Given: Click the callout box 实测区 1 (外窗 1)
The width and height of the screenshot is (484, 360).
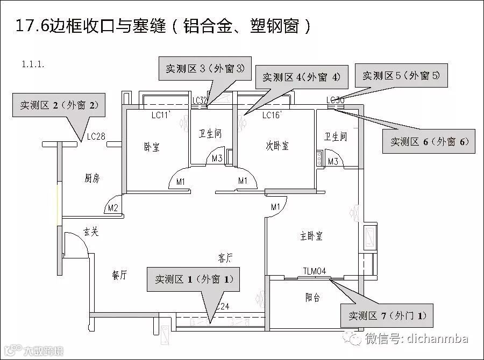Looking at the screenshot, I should pos(195,279).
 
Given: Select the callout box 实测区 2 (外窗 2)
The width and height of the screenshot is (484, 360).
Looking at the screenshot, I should pos(59,105).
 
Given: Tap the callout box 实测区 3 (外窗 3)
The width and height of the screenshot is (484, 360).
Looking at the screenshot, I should pos(205,68).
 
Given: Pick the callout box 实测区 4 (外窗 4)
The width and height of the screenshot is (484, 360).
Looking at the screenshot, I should pos(301,77).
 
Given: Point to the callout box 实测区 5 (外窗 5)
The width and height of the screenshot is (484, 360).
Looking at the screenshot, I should pos(401,76).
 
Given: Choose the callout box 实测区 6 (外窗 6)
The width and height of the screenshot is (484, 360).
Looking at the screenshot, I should pos(430,142).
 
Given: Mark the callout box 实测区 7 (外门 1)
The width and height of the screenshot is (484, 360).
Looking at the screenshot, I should pos(387,315).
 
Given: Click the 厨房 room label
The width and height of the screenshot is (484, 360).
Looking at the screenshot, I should pos(92,178).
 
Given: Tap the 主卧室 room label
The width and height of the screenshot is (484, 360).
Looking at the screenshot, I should pos(311,236).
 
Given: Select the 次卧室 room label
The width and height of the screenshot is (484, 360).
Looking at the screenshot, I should pos(277,146).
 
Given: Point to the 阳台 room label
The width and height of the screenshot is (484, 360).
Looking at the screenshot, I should pos(313,297).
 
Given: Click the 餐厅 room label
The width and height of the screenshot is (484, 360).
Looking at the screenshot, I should pos(119,275).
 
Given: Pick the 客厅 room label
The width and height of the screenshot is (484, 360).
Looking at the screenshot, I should pos(225,258).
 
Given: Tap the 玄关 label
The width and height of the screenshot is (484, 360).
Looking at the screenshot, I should pos(90,232).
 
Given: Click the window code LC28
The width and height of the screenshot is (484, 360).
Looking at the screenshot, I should pos(96,136).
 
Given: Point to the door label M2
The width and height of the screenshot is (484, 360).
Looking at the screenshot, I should pos(113,208).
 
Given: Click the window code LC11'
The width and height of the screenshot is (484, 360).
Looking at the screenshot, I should pos(161,115).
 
